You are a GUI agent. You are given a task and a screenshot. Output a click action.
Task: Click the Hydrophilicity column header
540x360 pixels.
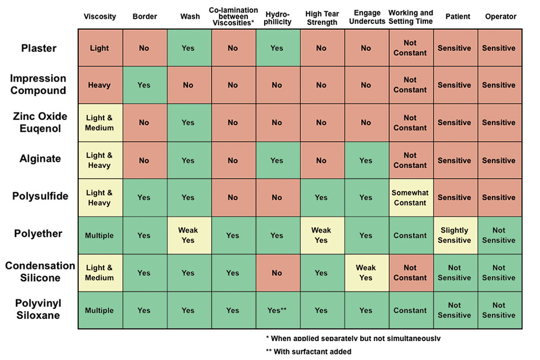coord(278,18)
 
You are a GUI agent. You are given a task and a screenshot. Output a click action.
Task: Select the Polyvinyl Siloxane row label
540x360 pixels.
coord(38,309)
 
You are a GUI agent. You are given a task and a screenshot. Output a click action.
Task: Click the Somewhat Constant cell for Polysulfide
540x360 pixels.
coord(411,198)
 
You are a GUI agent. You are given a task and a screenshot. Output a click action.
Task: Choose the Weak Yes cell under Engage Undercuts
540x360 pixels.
coord(367,273)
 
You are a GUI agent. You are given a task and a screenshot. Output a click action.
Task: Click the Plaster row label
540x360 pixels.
coord(38,48)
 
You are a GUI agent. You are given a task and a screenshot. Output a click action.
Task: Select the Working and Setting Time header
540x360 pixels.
coord(410,17)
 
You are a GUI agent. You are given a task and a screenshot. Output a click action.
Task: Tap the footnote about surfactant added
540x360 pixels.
coord(308,351)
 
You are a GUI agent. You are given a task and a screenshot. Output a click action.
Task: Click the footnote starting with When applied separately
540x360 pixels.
coord(353,338)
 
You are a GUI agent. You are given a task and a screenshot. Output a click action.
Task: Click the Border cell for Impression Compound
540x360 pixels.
coord(145,85)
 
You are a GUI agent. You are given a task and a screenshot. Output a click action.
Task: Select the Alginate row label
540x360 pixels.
coord(40,159)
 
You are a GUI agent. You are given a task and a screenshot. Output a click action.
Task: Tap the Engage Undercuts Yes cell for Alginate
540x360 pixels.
coord(367,160)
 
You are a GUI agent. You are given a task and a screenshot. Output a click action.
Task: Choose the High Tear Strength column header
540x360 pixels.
coord(322,18)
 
